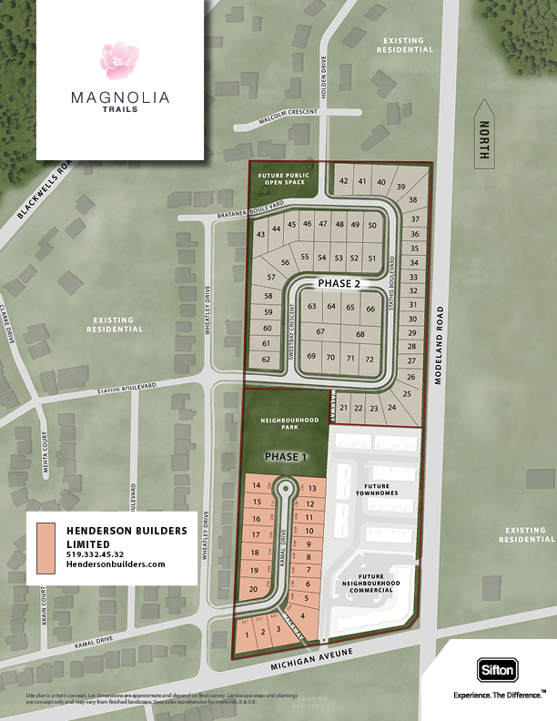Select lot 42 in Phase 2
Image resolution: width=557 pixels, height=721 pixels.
tap(344, 181)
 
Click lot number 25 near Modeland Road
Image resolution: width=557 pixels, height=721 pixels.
tap(406, 393)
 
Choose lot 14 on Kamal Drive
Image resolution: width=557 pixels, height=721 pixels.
tap(257, 486)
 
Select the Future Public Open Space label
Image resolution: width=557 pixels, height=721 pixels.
tap(283, 178)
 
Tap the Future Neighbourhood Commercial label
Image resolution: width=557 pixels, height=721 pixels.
tap(376, 583)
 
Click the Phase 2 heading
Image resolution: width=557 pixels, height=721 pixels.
tap(339, 284)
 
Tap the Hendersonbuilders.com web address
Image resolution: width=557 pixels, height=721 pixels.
tap(116, 564)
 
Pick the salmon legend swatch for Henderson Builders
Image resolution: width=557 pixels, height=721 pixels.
tap(46, 547)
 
